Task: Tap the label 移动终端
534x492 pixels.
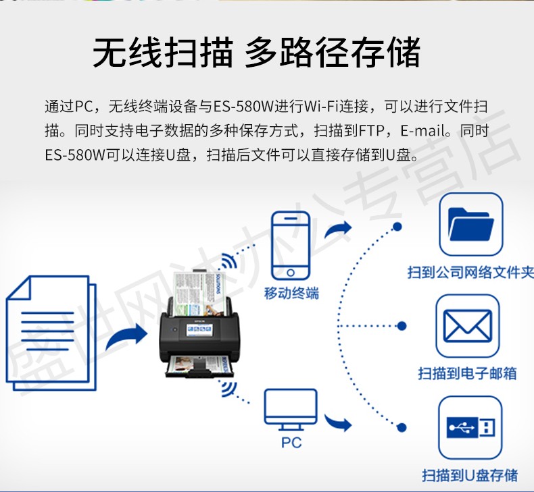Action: (291, 293)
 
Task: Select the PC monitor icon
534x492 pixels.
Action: (291, 409)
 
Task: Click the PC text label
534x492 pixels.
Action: (291, 443)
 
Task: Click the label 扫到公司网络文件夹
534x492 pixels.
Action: (470, 273)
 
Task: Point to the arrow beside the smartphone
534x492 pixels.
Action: (337, 229)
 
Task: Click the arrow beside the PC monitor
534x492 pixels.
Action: (337, 422)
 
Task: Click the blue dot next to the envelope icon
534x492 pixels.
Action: (402, 326)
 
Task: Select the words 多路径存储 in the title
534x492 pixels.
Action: (333, 52)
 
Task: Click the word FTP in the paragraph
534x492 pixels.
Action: (372, 130)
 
